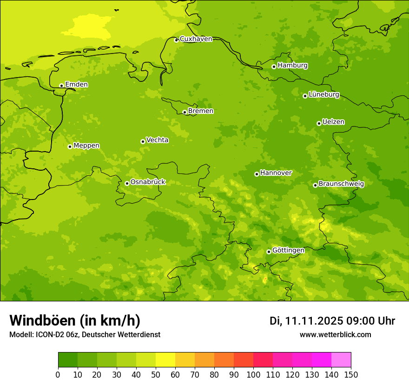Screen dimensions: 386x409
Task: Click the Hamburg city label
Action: coord(292,66)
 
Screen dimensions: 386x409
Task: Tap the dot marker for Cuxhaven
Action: coord(176,40)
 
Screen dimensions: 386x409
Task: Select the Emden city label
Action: coord(76,85)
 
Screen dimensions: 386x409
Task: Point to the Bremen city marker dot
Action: coord(185,112)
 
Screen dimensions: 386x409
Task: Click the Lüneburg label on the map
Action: coord(323,94)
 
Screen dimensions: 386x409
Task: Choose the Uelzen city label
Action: coord(333,122)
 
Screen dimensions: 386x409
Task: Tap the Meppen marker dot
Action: coord(70,146)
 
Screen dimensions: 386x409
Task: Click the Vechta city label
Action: coord(157,140)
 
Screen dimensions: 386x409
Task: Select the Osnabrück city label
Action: coord(148,182)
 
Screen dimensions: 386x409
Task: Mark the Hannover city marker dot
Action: coord(257,174)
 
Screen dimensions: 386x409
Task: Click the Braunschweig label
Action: coord(341,184)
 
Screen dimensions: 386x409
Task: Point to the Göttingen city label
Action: coord(288,250)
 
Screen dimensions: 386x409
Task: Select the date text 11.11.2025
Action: coord(314,321)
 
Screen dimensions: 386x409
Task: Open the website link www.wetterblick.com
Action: coord(335,335)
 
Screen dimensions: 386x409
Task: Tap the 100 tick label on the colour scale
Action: coord(253,374)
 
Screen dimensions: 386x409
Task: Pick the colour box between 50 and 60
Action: coord(165,360)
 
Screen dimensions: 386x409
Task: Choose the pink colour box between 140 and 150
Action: coord(341,360)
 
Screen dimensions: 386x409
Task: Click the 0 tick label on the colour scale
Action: coord(58,374)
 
